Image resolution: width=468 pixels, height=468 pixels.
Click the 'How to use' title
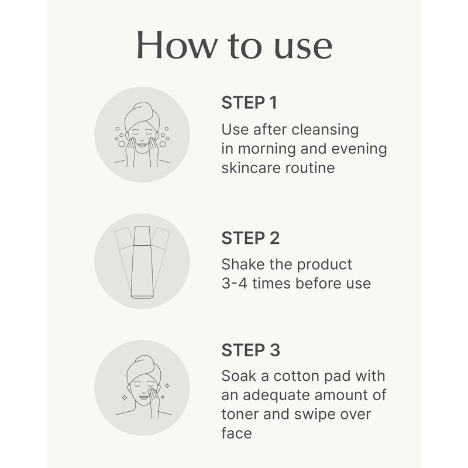[235, 45]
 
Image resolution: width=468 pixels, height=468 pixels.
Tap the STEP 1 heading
[249, 103]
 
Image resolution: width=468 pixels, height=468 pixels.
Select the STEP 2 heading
[250, 238]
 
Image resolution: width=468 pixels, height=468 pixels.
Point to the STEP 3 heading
[251, 350]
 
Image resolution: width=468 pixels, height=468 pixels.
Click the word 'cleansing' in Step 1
[325, 130]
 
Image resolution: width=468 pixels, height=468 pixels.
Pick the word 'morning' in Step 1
[267, 149]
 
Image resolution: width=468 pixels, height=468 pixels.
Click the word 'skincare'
[252, 168]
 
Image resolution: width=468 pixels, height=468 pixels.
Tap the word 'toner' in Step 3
[240, 415]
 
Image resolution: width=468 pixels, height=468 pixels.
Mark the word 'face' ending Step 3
[237, 433]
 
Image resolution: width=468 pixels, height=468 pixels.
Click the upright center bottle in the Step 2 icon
[142, 262]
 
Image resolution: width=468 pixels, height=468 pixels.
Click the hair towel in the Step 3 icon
[143, 368]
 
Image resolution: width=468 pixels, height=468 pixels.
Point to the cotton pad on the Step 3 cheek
[152, 391]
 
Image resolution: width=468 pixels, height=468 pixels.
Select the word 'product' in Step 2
[325, 265]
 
